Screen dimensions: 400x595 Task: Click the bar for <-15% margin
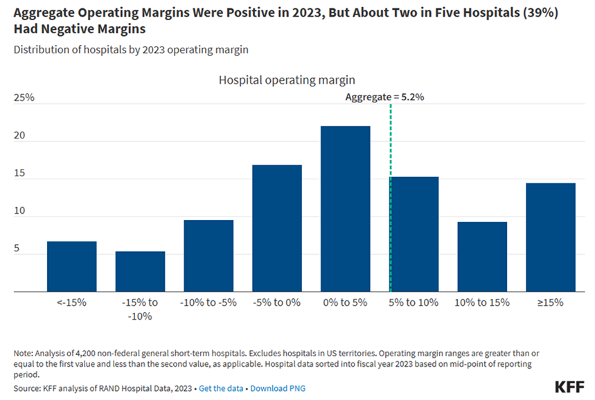[71, 266]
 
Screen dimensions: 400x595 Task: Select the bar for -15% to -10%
[140, 271]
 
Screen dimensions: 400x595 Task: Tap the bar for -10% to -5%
[208, 256]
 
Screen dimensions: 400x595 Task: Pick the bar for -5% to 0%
[277, 228]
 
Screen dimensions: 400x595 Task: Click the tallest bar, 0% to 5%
[346, 209]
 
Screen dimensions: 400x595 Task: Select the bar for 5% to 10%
[414, 235]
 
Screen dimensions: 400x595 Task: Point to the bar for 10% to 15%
[482, 257]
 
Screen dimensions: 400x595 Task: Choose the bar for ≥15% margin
[551, 237]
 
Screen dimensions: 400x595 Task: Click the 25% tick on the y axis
[24, 98]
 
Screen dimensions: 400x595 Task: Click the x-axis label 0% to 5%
[346, 302]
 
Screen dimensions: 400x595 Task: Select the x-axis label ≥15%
[551, 302]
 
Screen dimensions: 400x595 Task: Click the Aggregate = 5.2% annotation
[384, 98]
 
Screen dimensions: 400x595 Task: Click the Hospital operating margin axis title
[287, 80]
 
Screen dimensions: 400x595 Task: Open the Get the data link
[221, 388]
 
